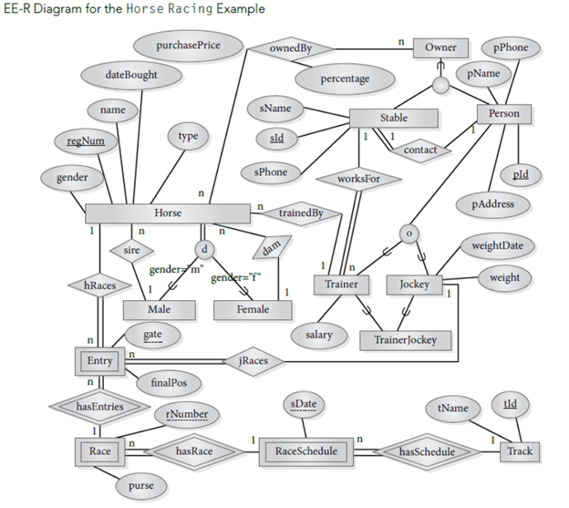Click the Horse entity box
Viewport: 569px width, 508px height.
168,213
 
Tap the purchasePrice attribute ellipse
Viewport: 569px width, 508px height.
188,46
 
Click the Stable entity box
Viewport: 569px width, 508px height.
394,119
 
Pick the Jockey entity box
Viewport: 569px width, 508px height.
414,285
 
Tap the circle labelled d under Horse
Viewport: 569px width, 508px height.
205,249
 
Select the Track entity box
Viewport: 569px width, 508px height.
520,451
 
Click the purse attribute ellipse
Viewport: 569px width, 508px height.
140,486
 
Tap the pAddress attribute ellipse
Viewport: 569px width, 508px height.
493,204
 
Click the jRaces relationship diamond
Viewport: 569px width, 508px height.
253,360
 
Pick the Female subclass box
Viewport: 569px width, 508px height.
252,310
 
